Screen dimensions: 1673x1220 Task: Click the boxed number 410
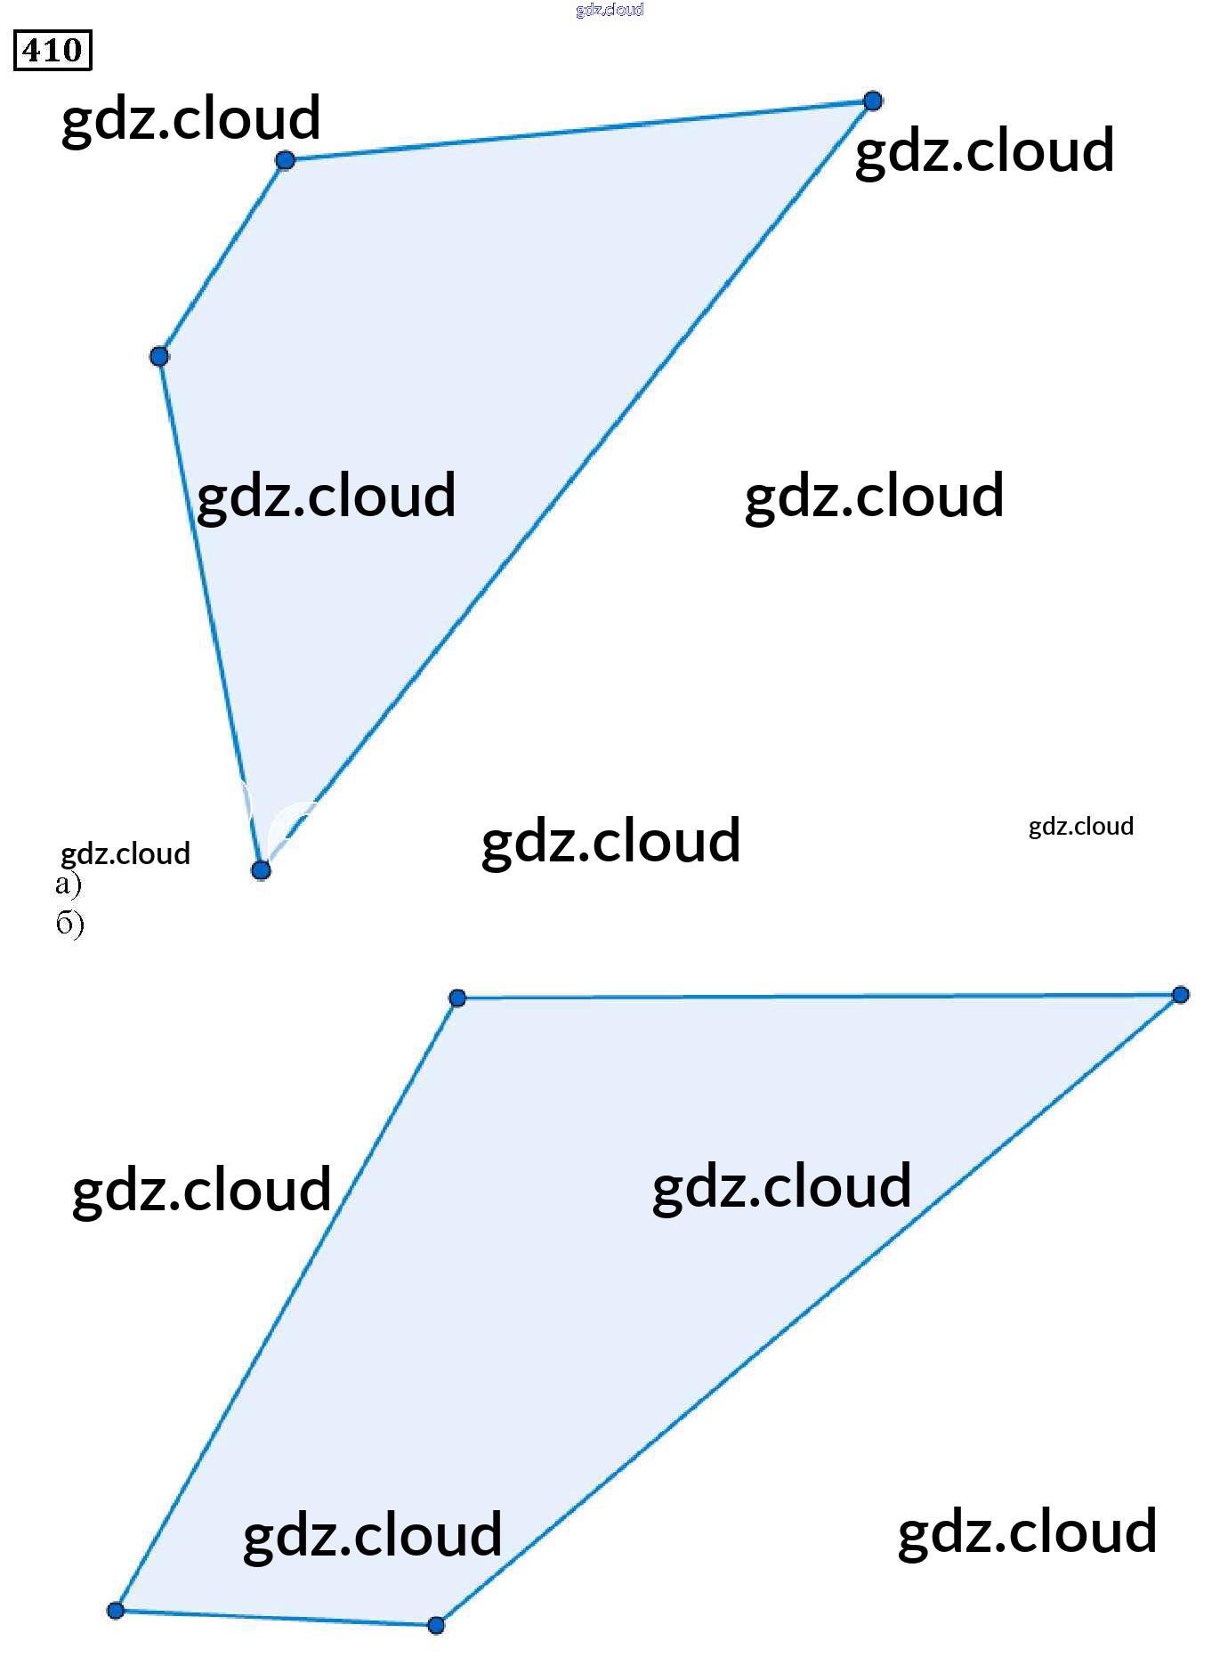53,50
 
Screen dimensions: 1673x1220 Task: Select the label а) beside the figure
68,884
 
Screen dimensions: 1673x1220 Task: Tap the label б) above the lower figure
69,923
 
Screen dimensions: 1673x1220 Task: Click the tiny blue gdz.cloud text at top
610,10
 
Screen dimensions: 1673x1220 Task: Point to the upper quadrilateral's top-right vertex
873,101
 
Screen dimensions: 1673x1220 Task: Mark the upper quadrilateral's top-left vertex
285,160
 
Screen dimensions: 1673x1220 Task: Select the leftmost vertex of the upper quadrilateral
159,357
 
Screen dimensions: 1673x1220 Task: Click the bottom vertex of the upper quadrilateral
261,869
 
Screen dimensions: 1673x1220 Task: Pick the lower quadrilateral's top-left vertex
457,998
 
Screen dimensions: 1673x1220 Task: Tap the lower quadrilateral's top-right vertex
1180,994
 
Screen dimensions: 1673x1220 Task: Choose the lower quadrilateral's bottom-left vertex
116,1610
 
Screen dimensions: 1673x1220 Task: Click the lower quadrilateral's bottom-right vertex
436,1625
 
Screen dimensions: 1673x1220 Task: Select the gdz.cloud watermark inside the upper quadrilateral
326,496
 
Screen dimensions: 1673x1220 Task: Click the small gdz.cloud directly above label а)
125,853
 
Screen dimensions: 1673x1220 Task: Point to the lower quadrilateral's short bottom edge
276,1618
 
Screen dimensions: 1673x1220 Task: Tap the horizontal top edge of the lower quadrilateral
819,996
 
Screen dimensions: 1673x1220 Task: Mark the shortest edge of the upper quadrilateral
222,258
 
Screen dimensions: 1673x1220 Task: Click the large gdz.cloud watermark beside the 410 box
190,118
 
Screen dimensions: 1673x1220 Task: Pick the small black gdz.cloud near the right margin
1080,827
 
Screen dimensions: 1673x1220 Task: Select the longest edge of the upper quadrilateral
567,485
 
